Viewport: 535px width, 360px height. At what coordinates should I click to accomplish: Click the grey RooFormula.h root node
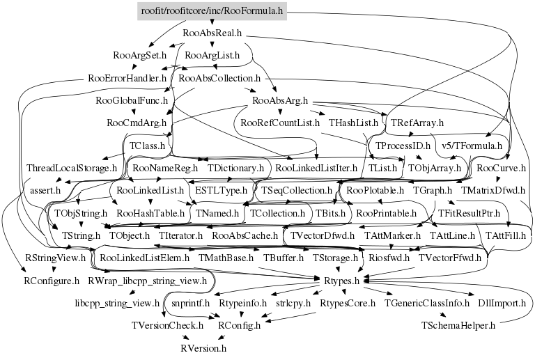coord(212,11)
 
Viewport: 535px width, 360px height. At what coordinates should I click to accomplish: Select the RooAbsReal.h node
coord(212,33)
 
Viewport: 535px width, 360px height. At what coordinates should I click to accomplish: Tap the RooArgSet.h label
coord(139,54)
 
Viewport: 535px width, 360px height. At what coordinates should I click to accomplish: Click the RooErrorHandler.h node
coord(127,78)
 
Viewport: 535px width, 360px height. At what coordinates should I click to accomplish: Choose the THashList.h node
coord(353,123)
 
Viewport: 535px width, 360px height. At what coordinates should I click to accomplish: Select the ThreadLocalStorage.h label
coord(72,169)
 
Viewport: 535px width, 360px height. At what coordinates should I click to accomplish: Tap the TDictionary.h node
coord(236,169)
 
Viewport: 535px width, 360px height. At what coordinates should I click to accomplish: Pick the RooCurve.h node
coord(501,169)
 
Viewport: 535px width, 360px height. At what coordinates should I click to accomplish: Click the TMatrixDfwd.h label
coord(495,190)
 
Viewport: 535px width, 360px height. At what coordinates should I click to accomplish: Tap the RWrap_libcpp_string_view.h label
coord(147,281)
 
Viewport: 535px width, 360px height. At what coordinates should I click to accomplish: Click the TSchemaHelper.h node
coord(458,324)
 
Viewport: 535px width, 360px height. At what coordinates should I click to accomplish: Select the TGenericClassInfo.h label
coord(427,303)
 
